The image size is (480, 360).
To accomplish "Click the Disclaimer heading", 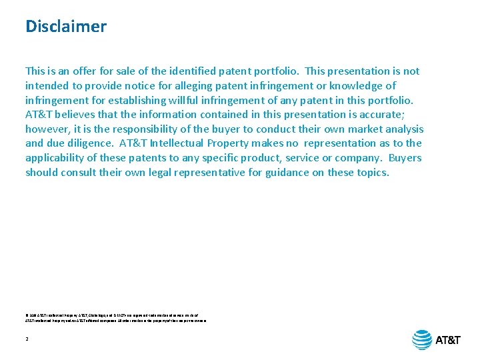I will pyautogui.click(x=65, y=27).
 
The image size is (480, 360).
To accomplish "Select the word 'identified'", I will pyautogui.click(x=189, y=71).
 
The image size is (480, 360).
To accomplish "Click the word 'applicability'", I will pyautogui.click(x=55, y=158).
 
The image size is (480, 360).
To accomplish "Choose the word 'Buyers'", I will pyautogui.click(x=405, y=158).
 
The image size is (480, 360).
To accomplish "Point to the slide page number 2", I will pyautogui.click(x=27, y=339).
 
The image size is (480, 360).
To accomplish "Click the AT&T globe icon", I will pyautogui.click(x=422, y=340).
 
